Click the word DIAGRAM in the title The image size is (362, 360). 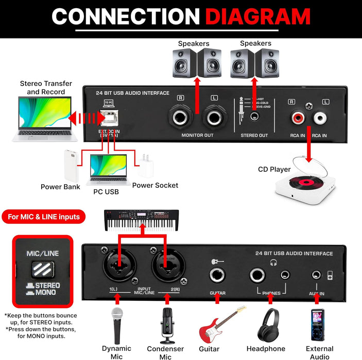257,16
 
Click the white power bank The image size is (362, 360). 72,166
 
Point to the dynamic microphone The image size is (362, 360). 117,324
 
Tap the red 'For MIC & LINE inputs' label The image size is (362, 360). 44,217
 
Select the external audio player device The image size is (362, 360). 317,324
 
